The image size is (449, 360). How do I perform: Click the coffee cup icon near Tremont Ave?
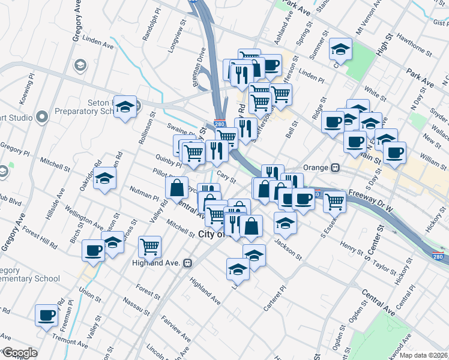click(46, 314)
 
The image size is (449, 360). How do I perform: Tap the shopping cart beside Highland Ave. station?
click(149, 245)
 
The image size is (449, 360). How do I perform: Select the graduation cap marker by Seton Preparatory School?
click(125, 107)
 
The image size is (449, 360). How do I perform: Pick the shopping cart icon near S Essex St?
click(334, 202)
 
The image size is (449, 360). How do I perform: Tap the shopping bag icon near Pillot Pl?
click(176, 188)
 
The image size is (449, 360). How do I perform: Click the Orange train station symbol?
click(336, 167)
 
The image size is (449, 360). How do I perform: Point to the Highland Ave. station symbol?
click(188, 263)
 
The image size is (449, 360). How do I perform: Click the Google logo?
click(20, 353)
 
